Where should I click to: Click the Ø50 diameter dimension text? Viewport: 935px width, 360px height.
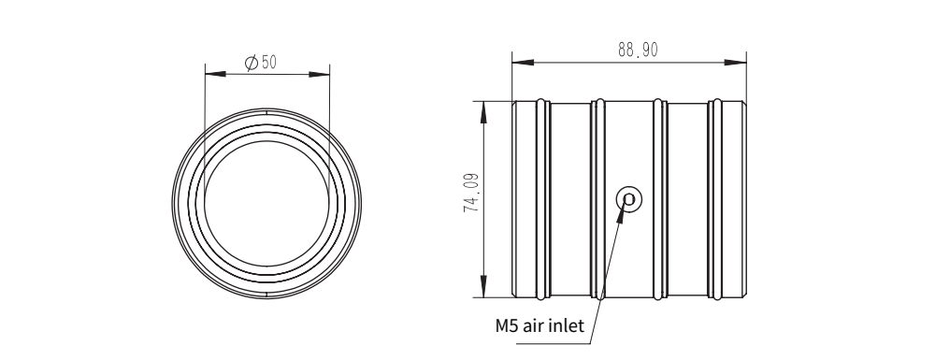tap(261, 62)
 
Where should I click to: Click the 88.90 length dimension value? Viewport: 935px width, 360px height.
tap(638, 50)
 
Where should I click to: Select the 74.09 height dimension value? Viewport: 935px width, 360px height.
tap(471, 194)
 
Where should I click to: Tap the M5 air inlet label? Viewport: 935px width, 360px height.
tap(539, 326)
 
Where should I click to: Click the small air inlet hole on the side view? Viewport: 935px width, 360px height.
tap(628, 199)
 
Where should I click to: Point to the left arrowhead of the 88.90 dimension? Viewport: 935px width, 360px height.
tap(523, 62)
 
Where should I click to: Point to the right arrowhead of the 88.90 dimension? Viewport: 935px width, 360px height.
tap(735, 62)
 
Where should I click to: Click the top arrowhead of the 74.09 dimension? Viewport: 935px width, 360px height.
tap(483, 112)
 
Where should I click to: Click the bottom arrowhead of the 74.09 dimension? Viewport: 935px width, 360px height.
tap(483, 286)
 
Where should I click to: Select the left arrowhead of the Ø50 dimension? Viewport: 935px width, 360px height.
tap(215, 74)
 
